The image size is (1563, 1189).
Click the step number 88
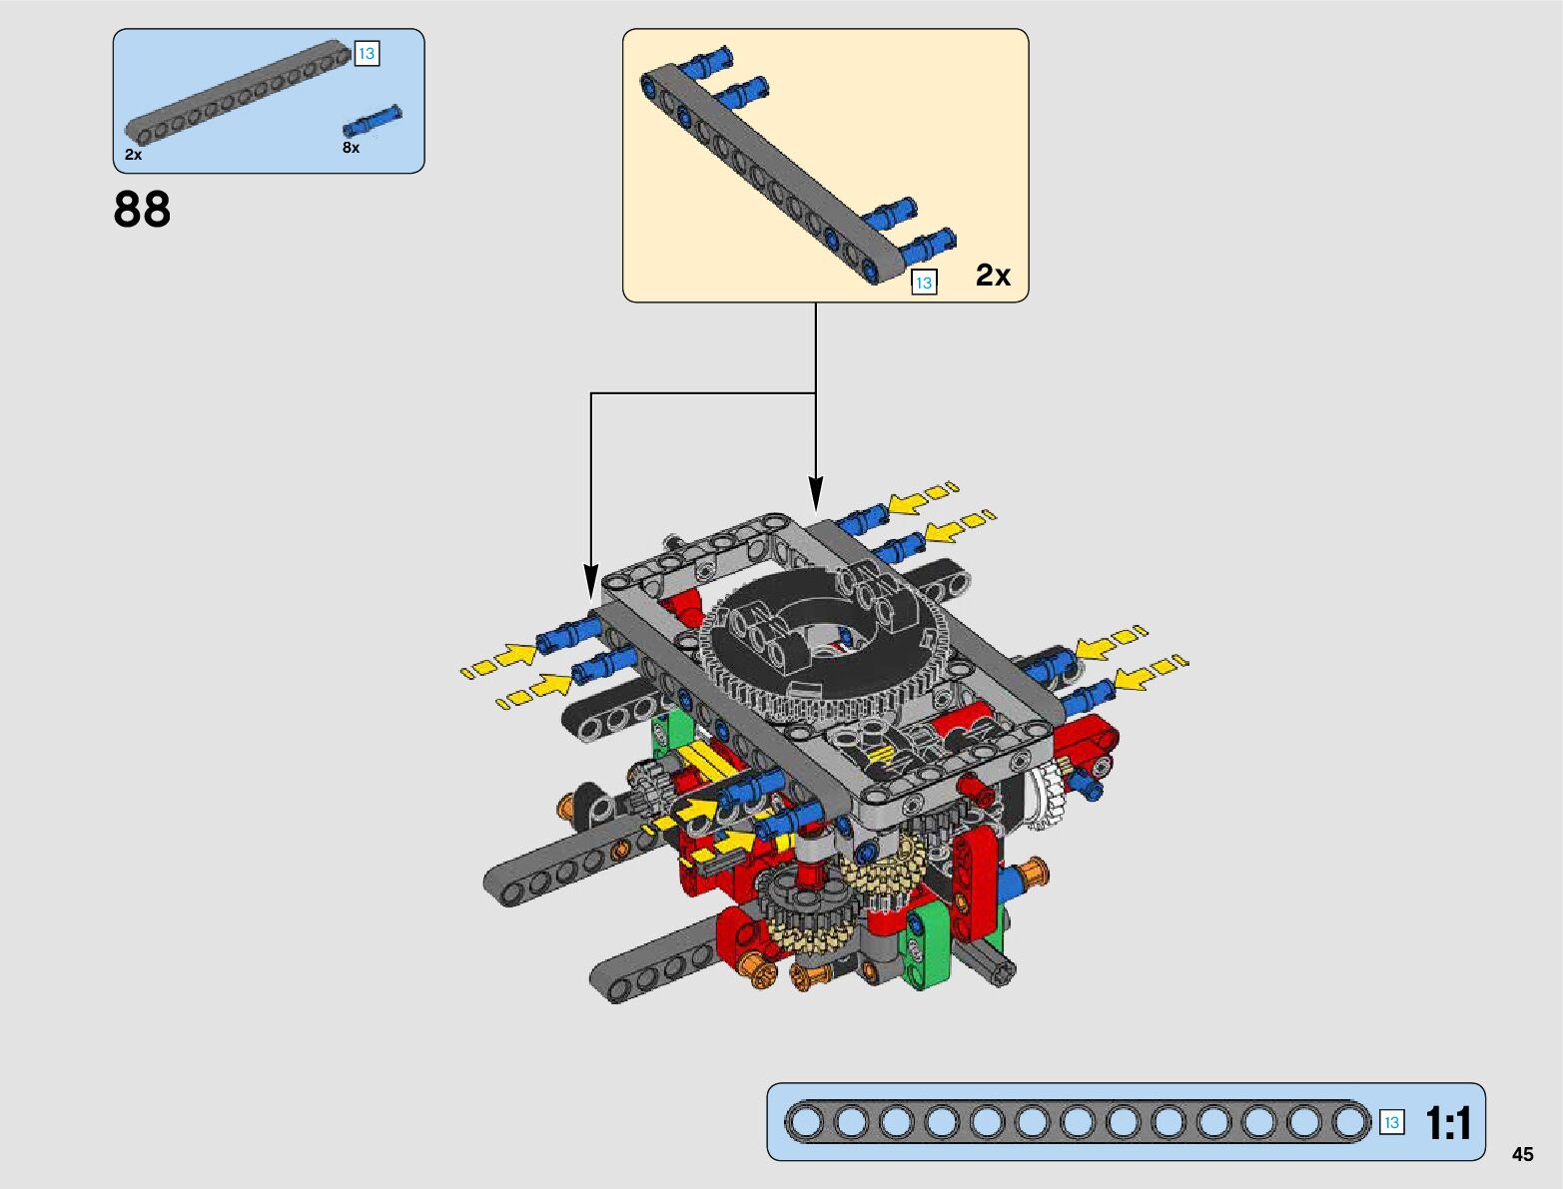coord(142,210)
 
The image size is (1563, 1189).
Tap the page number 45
coord(1522,1154)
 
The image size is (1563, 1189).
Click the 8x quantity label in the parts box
coord(352,148)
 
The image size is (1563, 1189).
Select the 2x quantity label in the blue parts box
coord(133,155)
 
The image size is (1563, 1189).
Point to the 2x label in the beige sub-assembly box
coord(993,275)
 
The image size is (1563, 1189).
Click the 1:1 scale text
coord(1448,1124)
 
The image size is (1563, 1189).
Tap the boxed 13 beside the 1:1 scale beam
coord(1391,1123)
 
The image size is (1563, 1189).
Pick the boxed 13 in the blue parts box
coord(367,53)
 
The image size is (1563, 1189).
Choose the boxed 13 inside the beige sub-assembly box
coord(924,283)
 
